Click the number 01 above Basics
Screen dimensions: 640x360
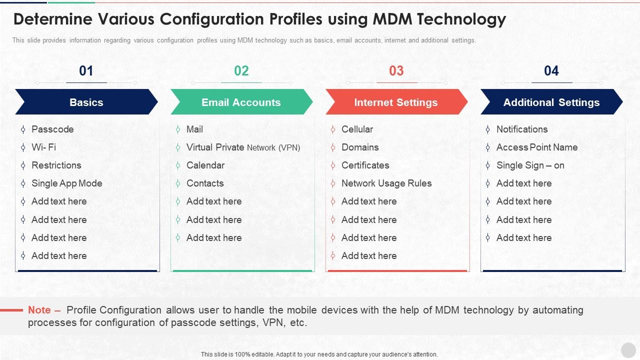click(x=86, y=70)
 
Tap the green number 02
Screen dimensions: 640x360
click(x=241, y=70)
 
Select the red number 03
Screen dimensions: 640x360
click(x=396, y=70)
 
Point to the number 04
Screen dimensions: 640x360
click(x=551, y=70)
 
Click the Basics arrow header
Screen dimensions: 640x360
click(x=86, y=102)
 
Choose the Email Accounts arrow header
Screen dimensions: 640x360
click(x=241, y=102)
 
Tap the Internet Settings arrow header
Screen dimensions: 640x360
click(x=396, y=102)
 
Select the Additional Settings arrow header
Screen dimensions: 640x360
click(x=551, y=102)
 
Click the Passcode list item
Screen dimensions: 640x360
click(x=52, y=129)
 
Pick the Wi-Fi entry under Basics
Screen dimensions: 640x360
click(x=43, y=147)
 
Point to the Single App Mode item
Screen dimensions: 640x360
click(x=67, y=183)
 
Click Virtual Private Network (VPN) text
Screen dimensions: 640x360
click(x=243, y=147)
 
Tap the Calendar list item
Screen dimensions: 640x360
click(x=205, y=165)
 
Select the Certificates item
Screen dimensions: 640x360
click(x=365, y=165)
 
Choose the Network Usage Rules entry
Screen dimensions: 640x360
click(x=386, y=183)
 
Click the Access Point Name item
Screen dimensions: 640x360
click(x=537, y=147)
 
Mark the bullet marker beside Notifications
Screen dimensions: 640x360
click(x=487, y=129)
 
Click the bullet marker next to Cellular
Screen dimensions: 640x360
click(x=333, y=129)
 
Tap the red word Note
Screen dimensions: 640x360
click(x=39, y=310)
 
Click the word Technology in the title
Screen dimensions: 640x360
click(x=461, y=19)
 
